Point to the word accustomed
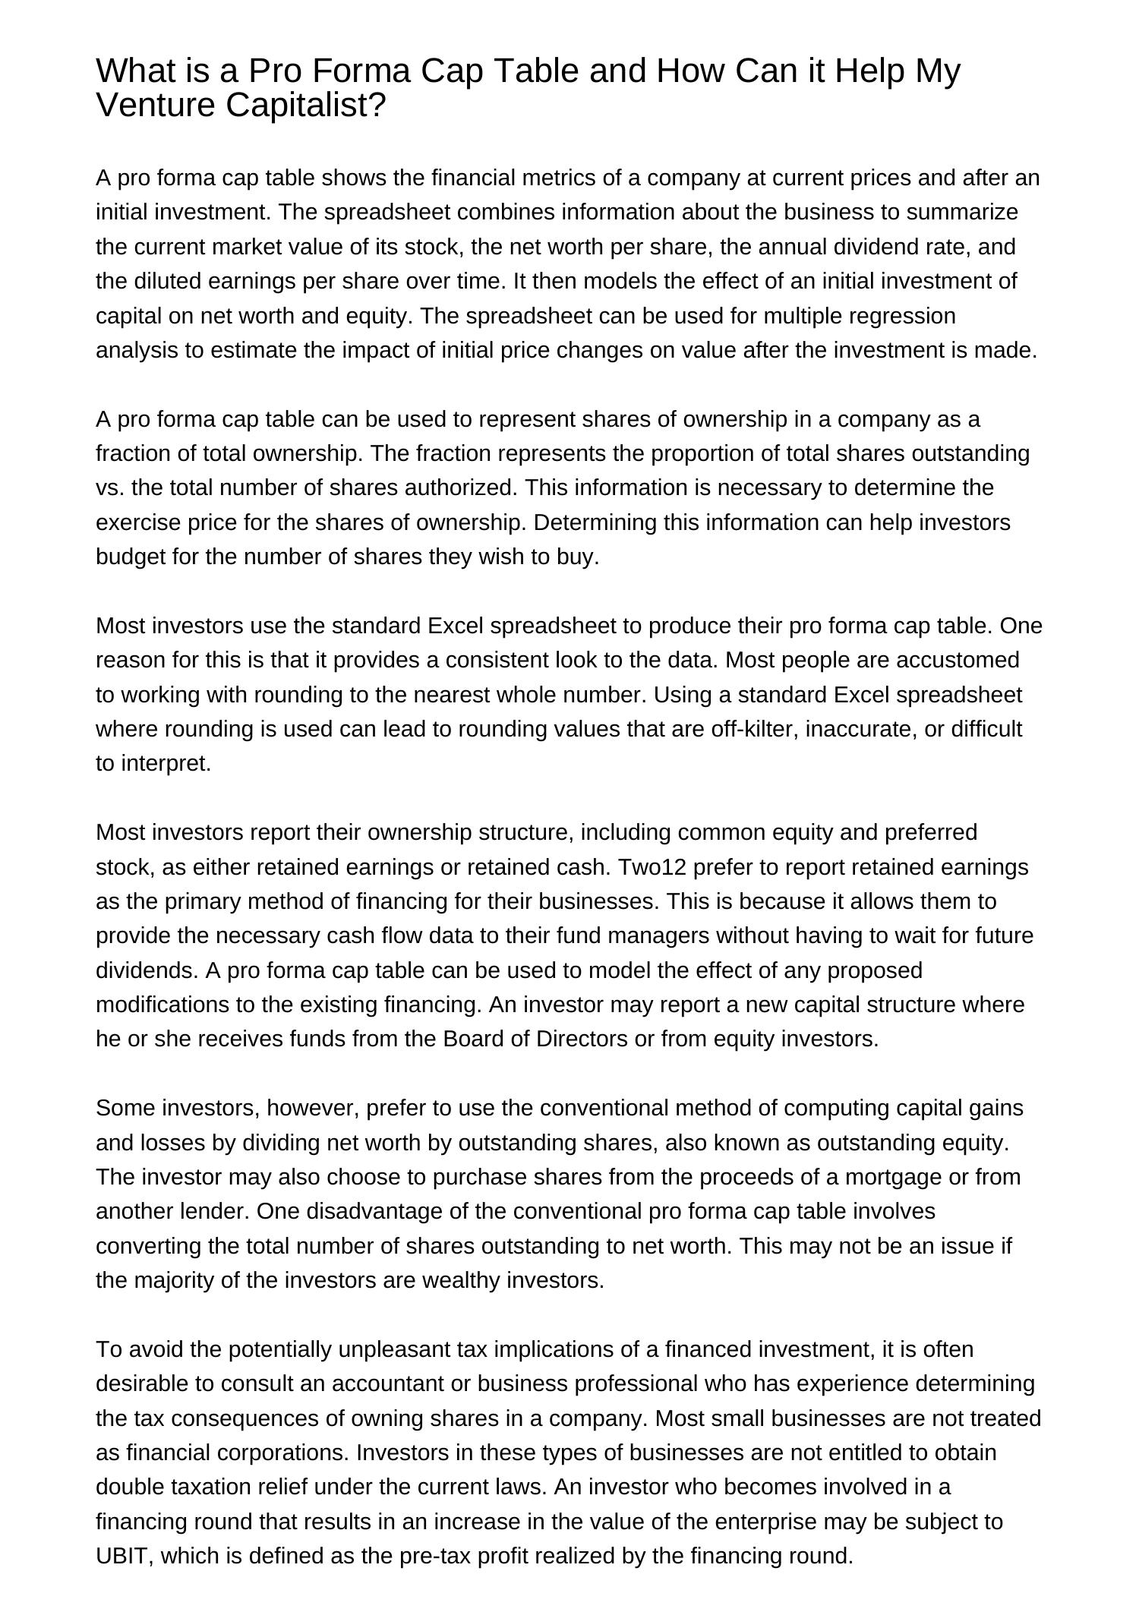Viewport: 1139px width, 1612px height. [957, 660]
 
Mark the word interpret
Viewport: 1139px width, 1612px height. [166, 764]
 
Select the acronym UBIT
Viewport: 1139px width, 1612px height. [125, 1556]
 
